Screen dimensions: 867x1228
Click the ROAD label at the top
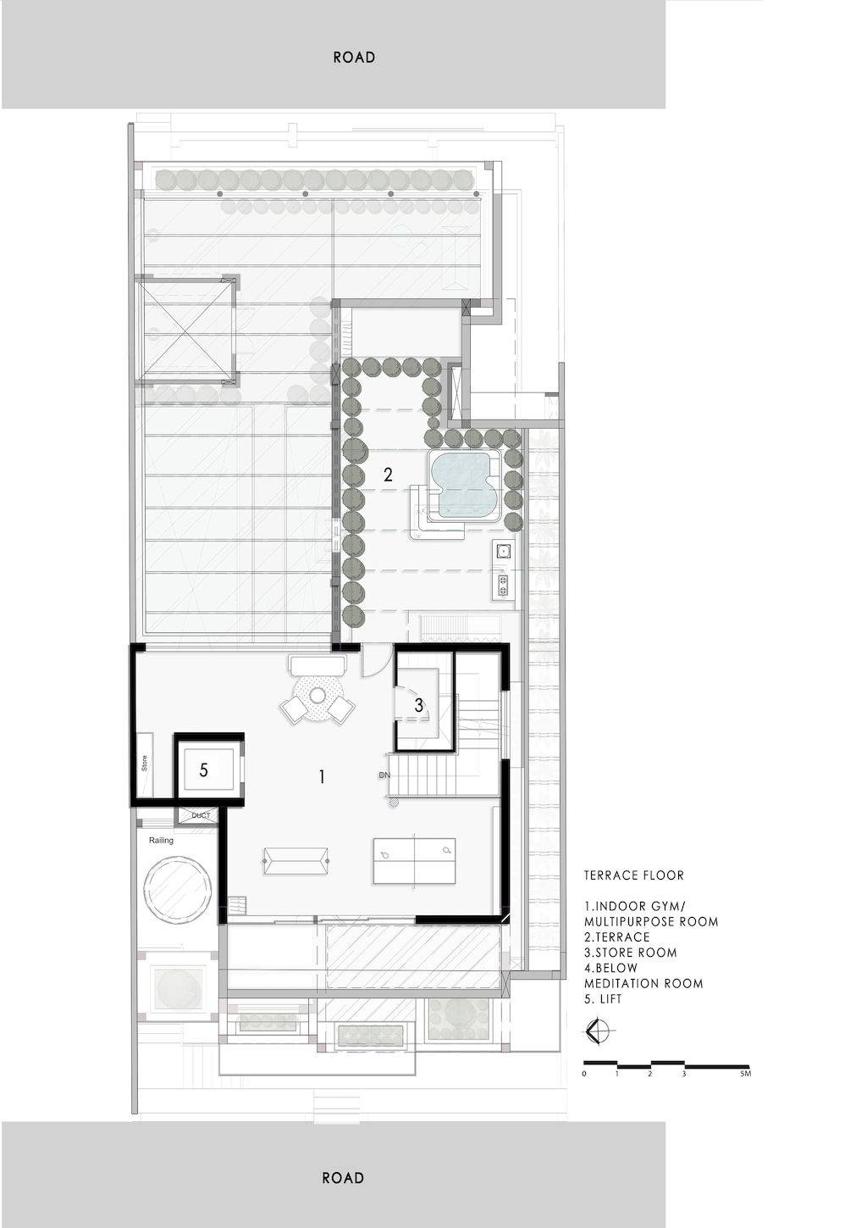pyautogui.click(x=355, y=57)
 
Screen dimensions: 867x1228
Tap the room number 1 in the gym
pyautogui.click(x=322, y=776)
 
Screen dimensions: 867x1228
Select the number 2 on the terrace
pyautogui.click(x=388, y=475)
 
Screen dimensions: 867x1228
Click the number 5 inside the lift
pyautogui.click(x=204, y=770)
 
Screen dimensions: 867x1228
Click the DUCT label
pyautogui.click(x=201, y=816)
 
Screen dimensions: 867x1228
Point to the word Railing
pyautogui.click(x=161, y=841)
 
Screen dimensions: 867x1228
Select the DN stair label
pyautogui.click(x=384, y=775)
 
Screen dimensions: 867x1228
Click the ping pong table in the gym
pyautogui.click(x=415, y=860)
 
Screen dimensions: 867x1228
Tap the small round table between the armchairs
pyautogui.click(x=318, y=695)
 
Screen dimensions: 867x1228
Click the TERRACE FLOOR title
pyautogui.click(x=633, y=875)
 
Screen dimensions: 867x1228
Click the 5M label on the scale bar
pyautogui.click(x=745, y=1074)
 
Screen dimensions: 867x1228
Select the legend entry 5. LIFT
pyautogui.click(x=603, y=999)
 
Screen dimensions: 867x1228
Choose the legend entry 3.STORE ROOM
pyautogui.click(x=631, y=953)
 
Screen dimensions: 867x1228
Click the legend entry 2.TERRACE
pyautogui.click(x=616, y=937)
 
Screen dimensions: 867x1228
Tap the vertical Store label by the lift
pyautogui.click(x=145, y=764)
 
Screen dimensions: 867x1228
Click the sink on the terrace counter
pyautogui.click(x=503, y=547)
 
